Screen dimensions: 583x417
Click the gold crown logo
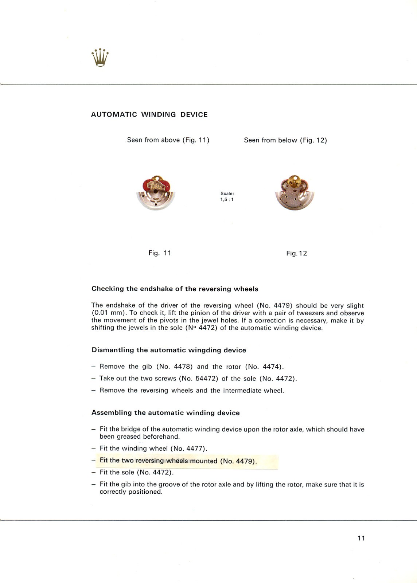pos(100,58)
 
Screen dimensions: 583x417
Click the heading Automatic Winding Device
pos(149,114)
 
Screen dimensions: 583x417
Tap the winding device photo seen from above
pos(156,193)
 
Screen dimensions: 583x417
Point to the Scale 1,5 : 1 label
pos(227,196)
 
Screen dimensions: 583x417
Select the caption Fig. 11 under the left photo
pos(160,253)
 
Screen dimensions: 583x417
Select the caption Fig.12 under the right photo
pos(296,253)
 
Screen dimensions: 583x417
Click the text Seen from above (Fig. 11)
pos(168,140)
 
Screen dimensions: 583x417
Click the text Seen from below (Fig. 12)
pos(285,140)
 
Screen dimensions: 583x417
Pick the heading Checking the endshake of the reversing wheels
pos(175,289)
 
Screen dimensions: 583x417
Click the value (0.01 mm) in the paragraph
pos(109,313)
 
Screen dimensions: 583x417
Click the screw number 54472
pos(206,379)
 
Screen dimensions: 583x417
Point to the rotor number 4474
pos(270,367)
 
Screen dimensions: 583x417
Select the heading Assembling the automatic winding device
pos(165,413)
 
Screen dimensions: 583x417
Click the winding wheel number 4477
pos(195,449)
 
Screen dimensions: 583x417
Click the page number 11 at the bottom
pos(361,538)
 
